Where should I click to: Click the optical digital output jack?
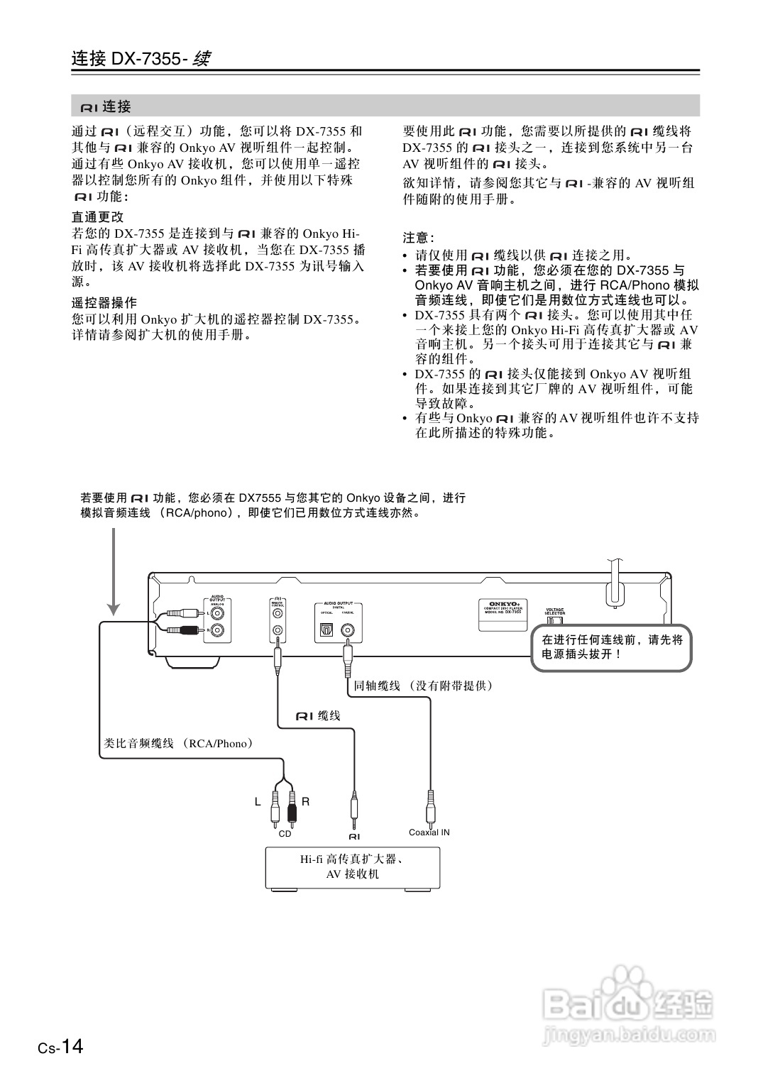pos(326,629)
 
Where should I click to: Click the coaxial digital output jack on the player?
pos(348,629)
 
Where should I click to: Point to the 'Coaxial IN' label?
pos(429,832)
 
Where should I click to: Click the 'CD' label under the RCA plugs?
pos(285,834)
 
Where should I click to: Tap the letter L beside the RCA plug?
pos(258,801)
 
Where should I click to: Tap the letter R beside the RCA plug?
pos(306,801)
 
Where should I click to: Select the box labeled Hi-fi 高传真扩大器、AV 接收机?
pos(353,867)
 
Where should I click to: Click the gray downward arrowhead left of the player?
pos(114,608)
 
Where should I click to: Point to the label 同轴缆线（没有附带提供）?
pos(424,686)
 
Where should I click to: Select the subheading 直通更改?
pos(98,217)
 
